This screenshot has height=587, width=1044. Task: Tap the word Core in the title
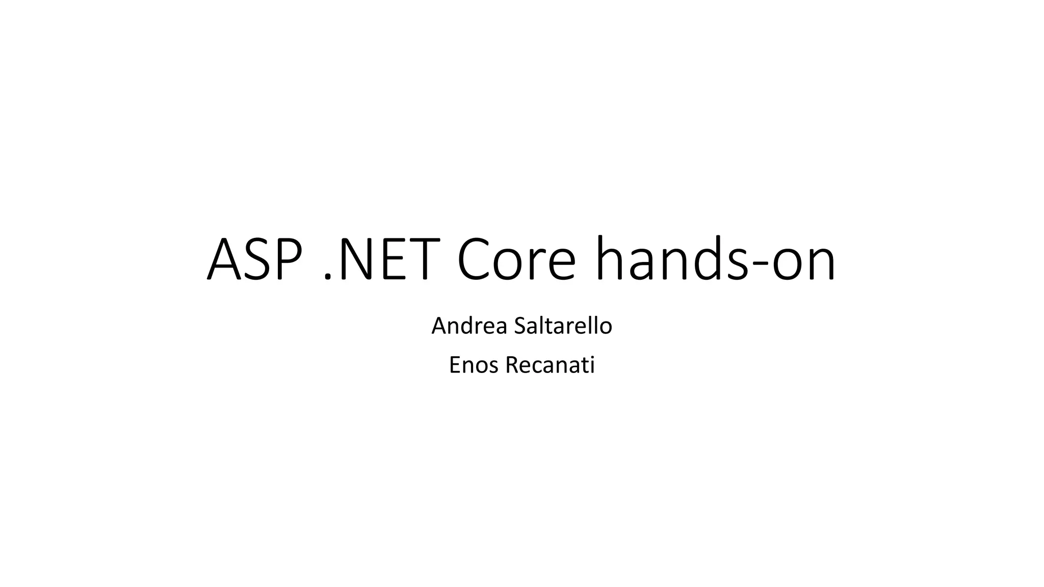coord(516,259)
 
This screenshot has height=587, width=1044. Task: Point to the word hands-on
coord(715,259)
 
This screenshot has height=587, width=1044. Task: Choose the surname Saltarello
coord(563,326)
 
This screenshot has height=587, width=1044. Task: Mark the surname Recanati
coord(550,365)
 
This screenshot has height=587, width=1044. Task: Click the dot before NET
coord(328,277)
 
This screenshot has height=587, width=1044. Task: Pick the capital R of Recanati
coord(511,365)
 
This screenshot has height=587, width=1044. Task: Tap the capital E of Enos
coord(454,365)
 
